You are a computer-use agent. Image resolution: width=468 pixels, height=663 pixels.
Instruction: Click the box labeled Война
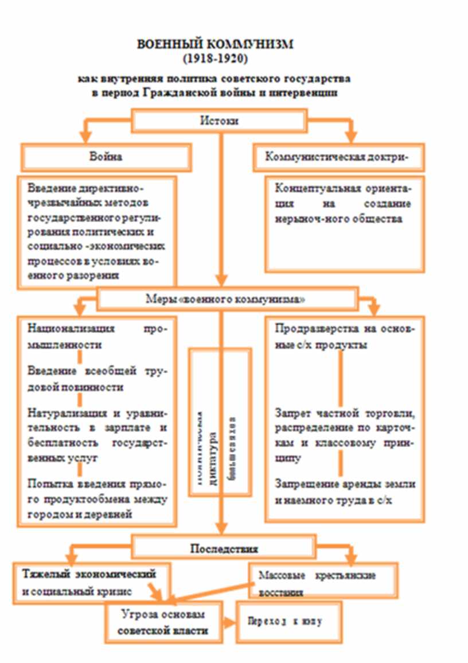point(106,157)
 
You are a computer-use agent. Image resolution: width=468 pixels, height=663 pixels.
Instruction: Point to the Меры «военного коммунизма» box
point(224,299)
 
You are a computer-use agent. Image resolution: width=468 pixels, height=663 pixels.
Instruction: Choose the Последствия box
point(224,548)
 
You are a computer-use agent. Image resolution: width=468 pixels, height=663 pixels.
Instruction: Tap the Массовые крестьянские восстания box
point(323,580)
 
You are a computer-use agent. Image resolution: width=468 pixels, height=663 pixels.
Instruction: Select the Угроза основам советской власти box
point(162,622)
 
